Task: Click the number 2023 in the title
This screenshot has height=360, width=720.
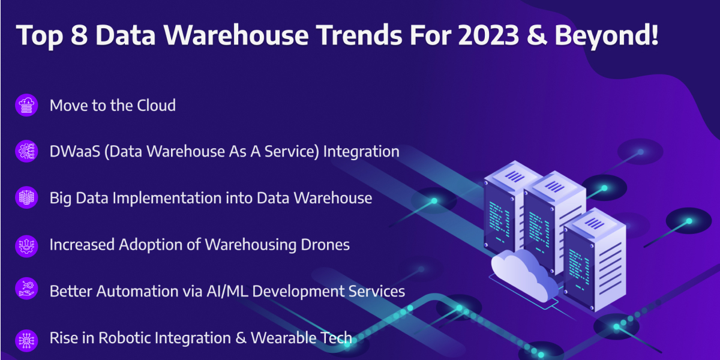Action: [488, 35]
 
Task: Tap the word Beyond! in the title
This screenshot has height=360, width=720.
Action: [607, 37]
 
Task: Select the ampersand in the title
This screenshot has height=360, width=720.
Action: [537, 35]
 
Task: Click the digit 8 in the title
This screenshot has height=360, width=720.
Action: [79, 35]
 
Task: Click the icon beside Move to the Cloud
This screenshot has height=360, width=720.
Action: [26, 105]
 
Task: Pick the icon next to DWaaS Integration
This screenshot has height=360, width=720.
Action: [26, 151]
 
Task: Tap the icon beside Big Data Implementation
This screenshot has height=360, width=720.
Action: [26, 197]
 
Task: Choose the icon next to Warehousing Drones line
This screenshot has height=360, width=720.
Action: [26, 246]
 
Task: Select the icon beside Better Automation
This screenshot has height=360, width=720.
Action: [26, 289]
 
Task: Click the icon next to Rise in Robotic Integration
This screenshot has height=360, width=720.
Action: [26, 340]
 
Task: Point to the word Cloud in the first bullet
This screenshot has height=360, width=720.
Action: [156, 106]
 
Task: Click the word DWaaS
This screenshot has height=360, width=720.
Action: [75, 151]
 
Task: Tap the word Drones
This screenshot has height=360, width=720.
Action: [325, 245]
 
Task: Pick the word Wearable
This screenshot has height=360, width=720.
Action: [281, 338]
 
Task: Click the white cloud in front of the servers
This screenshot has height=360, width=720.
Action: [524, 275]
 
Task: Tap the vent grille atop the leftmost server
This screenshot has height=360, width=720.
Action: [515, 176]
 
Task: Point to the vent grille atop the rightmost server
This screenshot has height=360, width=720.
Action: [595, 223]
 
